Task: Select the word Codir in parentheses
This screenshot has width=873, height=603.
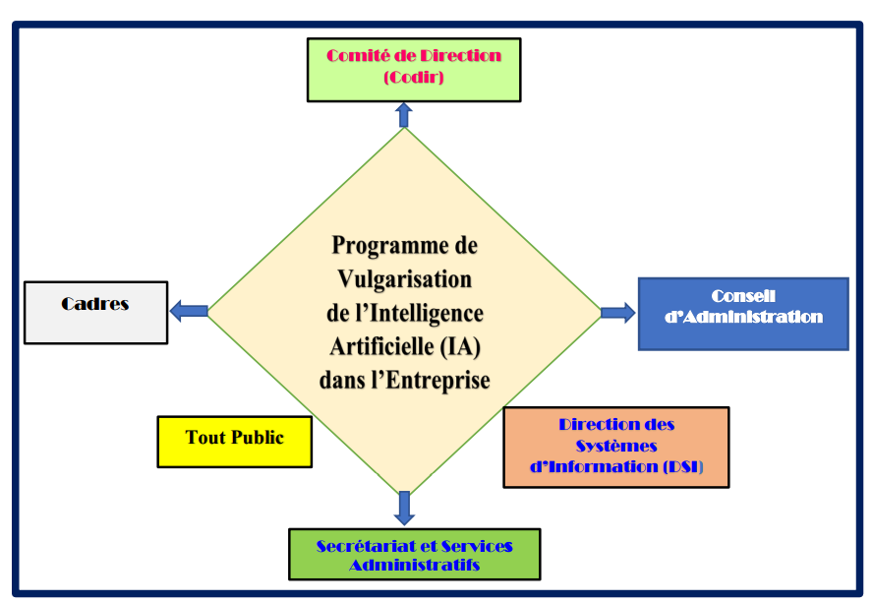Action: (414, 76)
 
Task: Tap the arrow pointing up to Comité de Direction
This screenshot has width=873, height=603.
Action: (403, 114)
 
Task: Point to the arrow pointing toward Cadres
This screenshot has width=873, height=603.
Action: (189, 311)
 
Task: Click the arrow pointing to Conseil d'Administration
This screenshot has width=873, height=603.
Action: (617, 313)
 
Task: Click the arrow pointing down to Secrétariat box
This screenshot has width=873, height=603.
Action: (403, 507)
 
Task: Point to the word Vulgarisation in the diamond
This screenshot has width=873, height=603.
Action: (404, 278)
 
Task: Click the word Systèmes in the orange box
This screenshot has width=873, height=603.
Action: (616, 446)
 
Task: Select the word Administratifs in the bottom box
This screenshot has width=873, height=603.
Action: (414, 565)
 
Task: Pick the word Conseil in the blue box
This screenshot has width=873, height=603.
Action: (743, 296)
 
